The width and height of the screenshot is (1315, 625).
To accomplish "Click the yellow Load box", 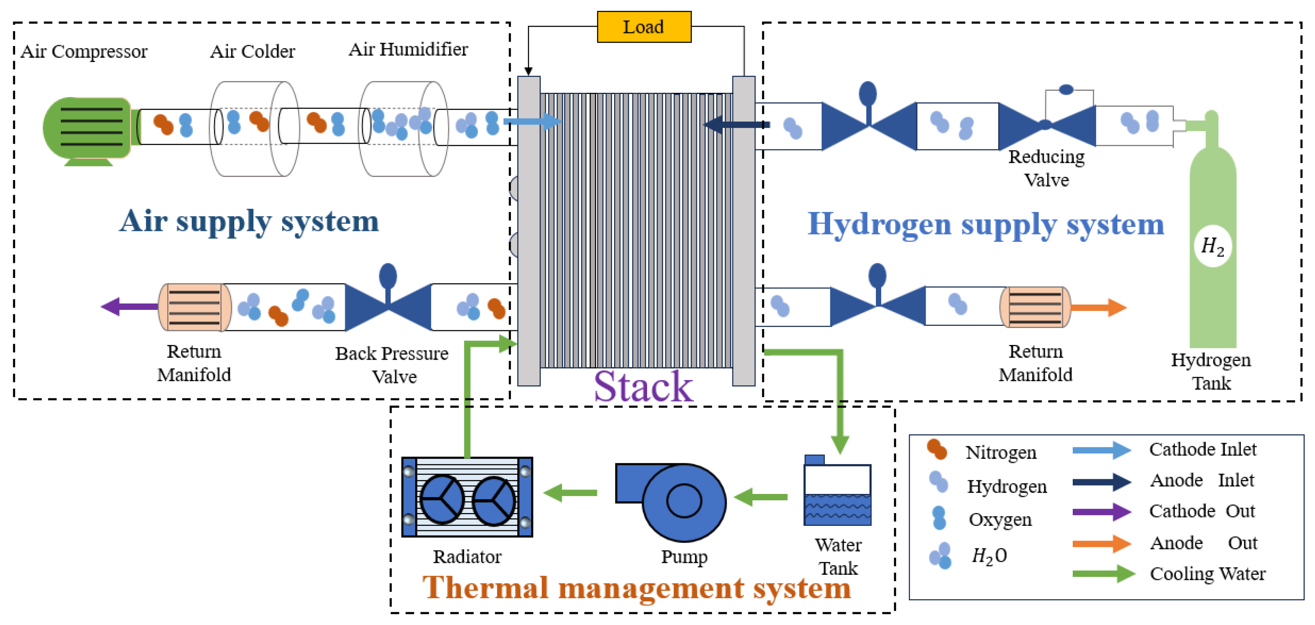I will pos(644,27).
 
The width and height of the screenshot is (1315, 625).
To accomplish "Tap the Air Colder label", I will pos(252,51).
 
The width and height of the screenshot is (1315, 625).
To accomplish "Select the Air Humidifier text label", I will pos(408,49).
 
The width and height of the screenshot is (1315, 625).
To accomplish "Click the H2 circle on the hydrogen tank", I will pos(1213,246).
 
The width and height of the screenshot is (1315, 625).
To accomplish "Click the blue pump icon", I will pos(671,501).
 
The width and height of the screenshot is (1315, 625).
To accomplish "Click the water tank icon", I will pos(837,492).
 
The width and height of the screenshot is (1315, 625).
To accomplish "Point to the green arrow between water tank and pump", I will pos(761,496).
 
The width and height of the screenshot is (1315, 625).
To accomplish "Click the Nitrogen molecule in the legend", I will pos(937,449).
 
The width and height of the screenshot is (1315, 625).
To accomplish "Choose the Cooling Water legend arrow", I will pos(1103,574).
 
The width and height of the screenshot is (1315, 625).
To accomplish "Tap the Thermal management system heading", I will pos(636,588).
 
